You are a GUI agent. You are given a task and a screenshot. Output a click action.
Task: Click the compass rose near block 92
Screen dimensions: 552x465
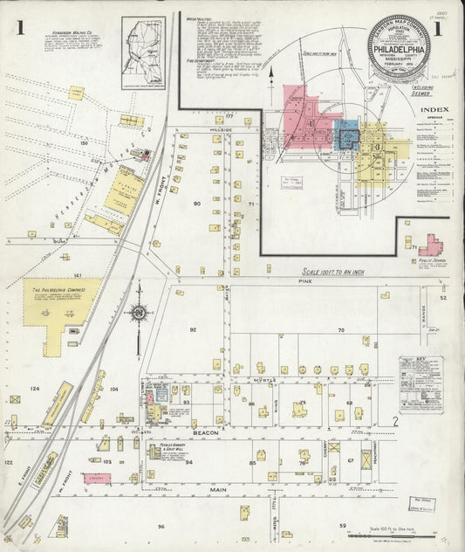coord(137,312)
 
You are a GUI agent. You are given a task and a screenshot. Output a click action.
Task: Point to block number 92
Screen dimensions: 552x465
coord(193,330)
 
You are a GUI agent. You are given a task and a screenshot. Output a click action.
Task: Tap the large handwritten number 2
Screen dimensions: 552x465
coord(394,422)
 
